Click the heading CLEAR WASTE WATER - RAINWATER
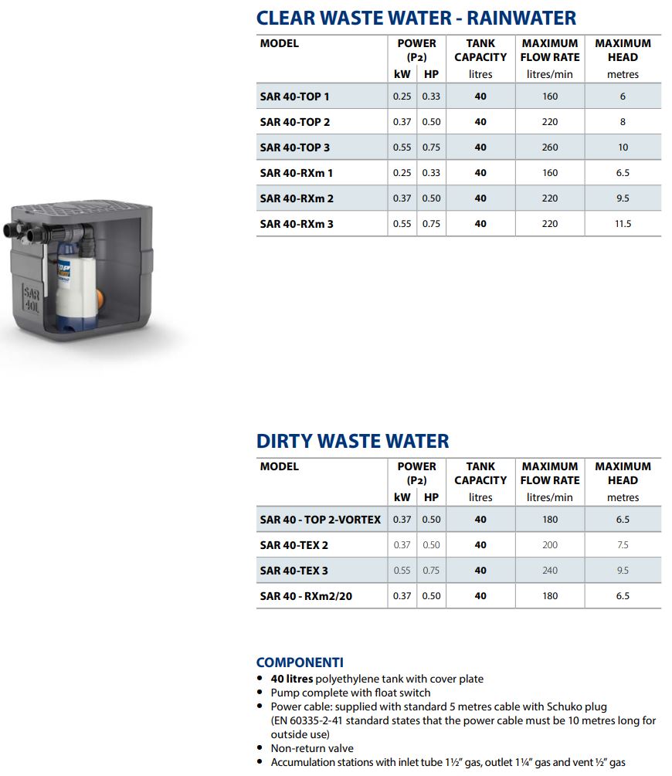click(416, 17)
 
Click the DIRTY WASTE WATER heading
click(352, 441)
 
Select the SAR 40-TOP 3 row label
click(294, 147)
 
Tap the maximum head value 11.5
click(623, 224)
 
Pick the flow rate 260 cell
click(549, 147)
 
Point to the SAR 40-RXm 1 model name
click(297, 173)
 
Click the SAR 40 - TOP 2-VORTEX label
click(320, 520)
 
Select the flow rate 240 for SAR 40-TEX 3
click(549, 571)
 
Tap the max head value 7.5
click(623, 545)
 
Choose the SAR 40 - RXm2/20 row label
click(306, 596)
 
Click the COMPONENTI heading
click(300, 662)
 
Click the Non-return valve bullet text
click(312, 748)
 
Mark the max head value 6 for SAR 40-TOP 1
click(623, 97)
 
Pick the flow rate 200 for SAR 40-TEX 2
click(549, 545)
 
